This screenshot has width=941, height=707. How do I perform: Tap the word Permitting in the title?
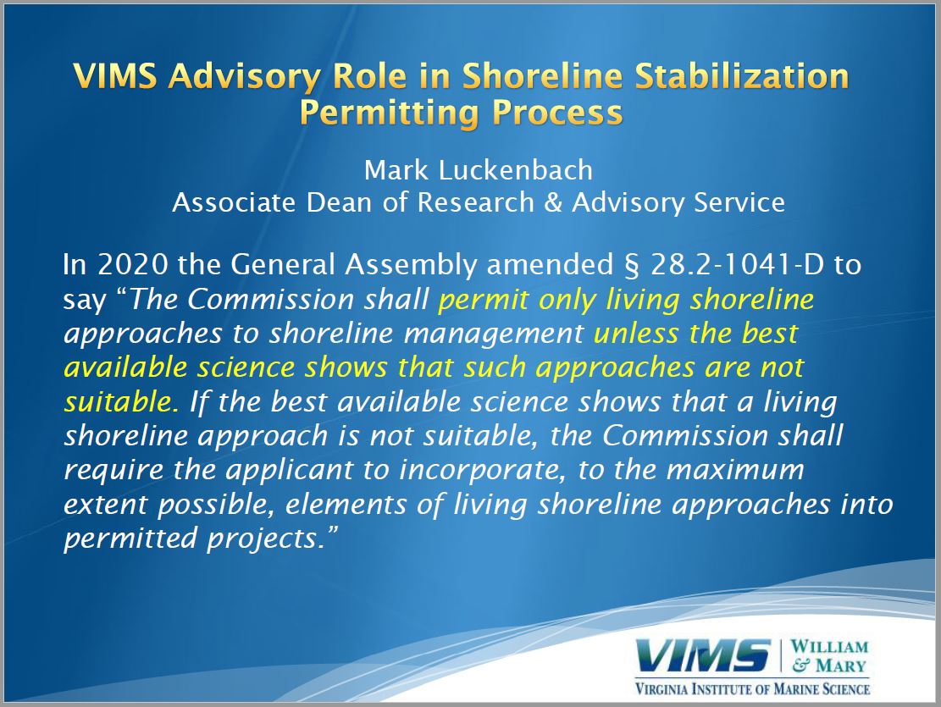coord(390,113)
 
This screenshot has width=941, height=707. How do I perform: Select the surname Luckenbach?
coord(516,170)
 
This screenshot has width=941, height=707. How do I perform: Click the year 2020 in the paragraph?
coord(133,265)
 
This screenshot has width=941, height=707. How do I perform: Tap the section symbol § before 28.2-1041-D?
coord(632,266)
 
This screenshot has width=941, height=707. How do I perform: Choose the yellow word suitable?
coord(121,401)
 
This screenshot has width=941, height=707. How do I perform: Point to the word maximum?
coord(735,470)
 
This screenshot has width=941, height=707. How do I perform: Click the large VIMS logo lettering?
coord(703,655)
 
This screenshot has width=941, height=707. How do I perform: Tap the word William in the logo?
coord(829,646)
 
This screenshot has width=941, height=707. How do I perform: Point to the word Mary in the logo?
coord(840,665)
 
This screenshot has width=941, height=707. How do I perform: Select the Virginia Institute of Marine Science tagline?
coord(753,688)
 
